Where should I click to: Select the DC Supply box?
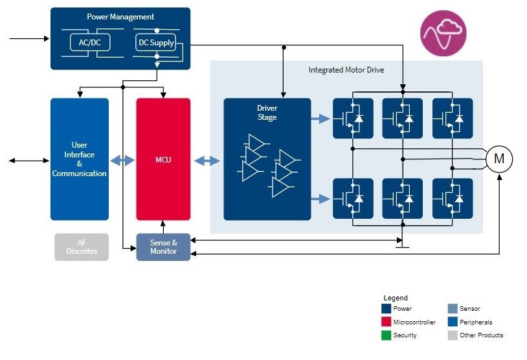[156, 43]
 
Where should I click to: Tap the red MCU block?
[163, 159]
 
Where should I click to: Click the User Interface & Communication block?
[80, 159]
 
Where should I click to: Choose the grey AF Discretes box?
[82, 247]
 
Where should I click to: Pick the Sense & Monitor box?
[163, 247]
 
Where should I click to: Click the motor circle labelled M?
[499, 159]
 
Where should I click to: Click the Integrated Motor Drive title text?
[346, 69]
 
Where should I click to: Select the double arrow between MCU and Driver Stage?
[207, 160]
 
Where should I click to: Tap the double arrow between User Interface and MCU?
[122, 160]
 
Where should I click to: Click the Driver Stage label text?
[267, 113]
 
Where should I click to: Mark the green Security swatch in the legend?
[387, 335]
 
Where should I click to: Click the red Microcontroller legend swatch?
[387, 322]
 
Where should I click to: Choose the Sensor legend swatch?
[453, 309]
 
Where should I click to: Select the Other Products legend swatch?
[453, 335]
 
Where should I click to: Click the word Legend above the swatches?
[396, 298]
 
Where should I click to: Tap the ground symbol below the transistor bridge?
[403, 244]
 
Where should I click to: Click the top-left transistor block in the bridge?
[353, 118]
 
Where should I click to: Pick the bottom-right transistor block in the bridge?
[453, 198]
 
